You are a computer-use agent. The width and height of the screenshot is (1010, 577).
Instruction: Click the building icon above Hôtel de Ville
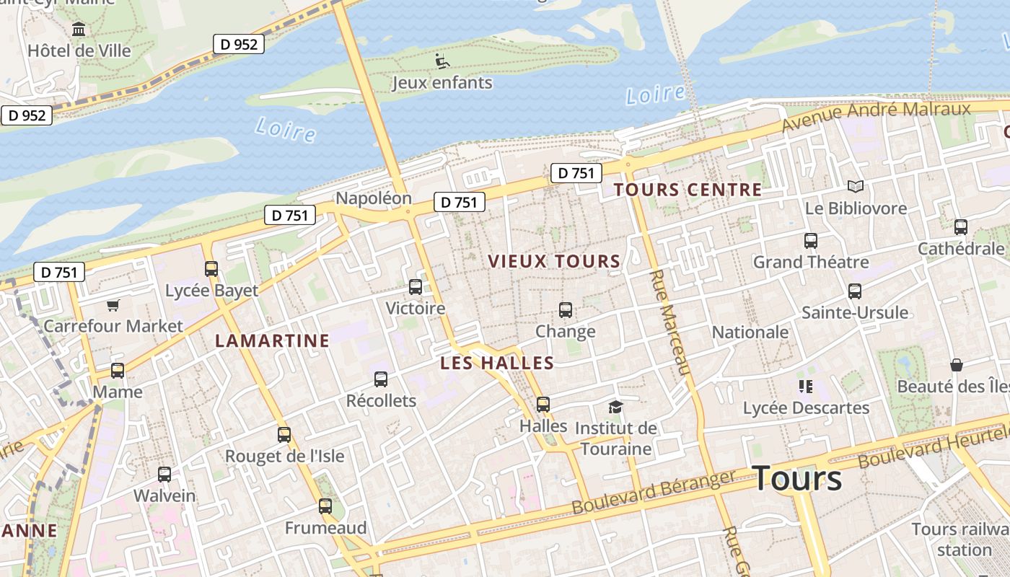tap(79, 30)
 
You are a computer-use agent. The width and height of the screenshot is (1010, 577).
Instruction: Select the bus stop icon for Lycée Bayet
tap(211, 269)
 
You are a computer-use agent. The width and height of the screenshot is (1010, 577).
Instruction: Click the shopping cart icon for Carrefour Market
tap(113, 305)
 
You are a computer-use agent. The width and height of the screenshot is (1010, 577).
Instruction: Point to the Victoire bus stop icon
tap(416, 287)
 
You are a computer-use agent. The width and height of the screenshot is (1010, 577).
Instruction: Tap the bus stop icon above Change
tap(566, 310)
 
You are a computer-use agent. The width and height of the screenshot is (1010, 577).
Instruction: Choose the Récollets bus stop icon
tap(381, 379)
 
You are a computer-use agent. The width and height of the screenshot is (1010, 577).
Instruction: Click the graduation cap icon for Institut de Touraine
tap(615, 407)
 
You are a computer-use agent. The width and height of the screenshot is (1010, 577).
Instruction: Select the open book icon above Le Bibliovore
tap(856, 187)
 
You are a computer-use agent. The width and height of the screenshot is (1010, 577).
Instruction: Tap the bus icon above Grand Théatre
tap(811, 241)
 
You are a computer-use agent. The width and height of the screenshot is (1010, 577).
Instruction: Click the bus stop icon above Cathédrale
tap(960, 227)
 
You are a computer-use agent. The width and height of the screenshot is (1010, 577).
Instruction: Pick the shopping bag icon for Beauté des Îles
tap(957, 365)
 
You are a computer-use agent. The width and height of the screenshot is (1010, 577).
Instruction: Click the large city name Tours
tap(796, 478)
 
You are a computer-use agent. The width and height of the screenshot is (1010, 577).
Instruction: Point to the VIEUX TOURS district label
tap(554, 261)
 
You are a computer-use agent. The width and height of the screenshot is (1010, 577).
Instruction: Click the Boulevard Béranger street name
tap(654, 492)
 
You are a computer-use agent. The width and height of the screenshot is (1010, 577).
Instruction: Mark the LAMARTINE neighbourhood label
tap(272, 340)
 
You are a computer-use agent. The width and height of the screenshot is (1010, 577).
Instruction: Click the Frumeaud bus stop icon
tap(325, 506)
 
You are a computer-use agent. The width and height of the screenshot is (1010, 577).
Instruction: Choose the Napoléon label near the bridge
tap(374, 198)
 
